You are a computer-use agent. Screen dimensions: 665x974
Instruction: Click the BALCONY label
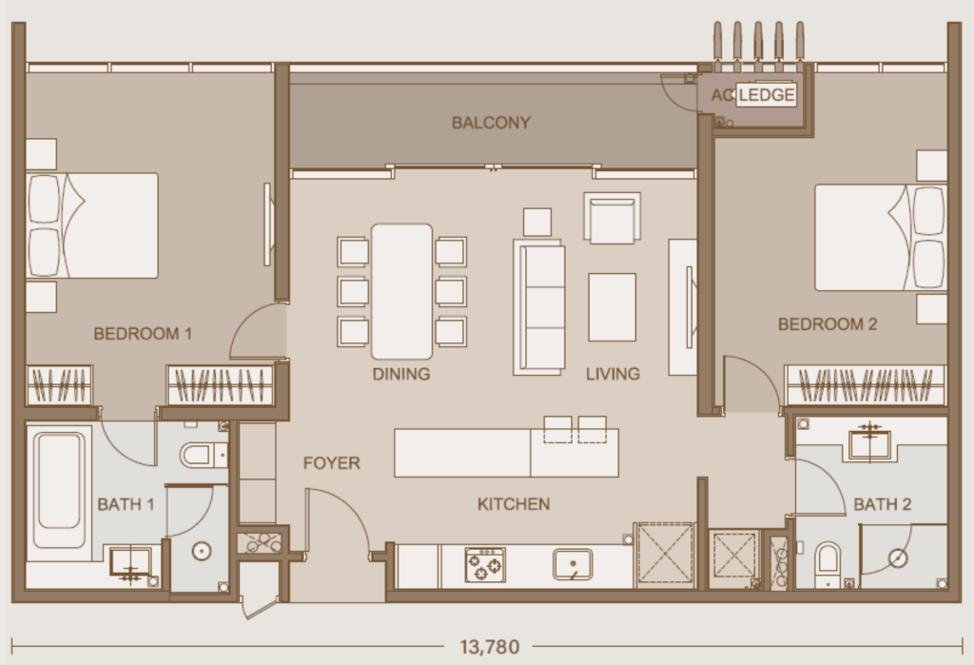[x=491, y=123]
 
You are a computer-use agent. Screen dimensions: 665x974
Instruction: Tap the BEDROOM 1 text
[x=143, y=334]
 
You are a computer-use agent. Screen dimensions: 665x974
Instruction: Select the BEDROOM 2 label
[x=828, y=324]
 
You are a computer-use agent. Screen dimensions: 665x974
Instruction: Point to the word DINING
[x=401, y=374]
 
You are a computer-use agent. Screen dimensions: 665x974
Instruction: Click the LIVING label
[x=613, y=374]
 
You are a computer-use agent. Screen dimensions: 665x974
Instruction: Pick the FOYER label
[x=332, y=463]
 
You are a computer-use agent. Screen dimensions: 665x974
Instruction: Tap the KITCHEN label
[x=514, y=504]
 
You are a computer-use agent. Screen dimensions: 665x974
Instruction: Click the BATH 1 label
[x=126, y=504]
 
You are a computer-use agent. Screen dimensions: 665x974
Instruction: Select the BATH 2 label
[x=883, y=504]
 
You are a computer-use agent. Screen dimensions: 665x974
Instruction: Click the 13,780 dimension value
[x=490, y=648]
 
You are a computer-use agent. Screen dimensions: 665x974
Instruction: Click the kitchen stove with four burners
[x=485, y=564]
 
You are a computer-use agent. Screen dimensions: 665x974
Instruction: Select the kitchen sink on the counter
[x=573, y=564]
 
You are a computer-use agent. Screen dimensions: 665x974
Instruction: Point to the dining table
[x=401, y=291]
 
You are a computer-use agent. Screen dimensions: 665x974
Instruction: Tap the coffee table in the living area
[x=612, y=306]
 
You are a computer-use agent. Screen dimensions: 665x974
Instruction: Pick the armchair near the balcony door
[x=611, y=220]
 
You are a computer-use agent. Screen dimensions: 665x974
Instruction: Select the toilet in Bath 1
[x=200, y=455]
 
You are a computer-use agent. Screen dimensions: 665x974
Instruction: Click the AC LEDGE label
[x=752, y=95]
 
